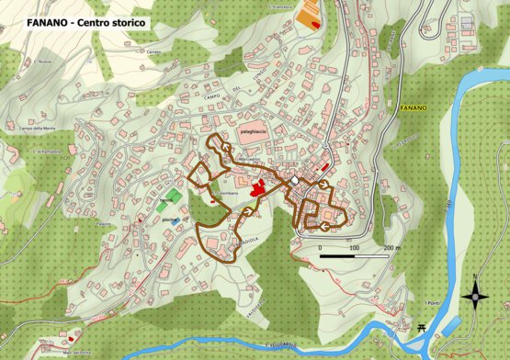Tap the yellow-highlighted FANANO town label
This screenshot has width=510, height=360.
414,108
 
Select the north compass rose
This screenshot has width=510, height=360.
475,296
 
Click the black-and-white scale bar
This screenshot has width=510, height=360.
354,256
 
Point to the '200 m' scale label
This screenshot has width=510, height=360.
392,248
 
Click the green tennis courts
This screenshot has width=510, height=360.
164,195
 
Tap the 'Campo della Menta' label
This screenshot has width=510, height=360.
32,129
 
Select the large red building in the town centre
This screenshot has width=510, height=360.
258,188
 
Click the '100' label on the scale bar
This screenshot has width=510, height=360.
355,248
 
